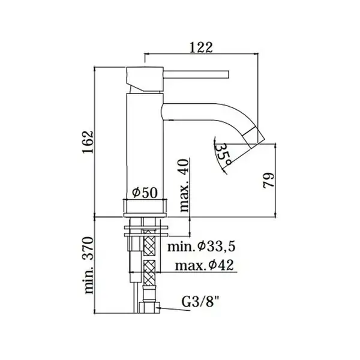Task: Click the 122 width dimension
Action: [202, 48]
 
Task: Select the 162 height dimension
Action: [88, 142]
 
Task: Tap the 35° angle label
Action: [223, 155]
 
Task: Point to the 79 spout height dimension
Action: [268, 181]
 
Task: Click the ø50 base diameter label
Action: [145, 193]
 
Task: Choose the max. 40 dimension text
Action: [184, 185]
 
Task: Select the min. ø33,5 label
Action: [202, 247]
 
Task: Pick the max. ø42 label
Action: [205, 265]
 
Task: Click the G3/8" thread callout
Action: [200, 302]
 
